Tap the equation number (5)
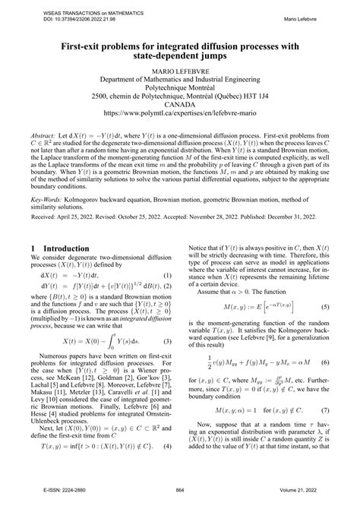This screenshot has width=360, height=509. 325,307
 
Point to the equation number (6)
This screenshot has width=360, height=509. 325,364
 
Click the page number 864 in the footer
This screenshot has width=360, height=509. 180,500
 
